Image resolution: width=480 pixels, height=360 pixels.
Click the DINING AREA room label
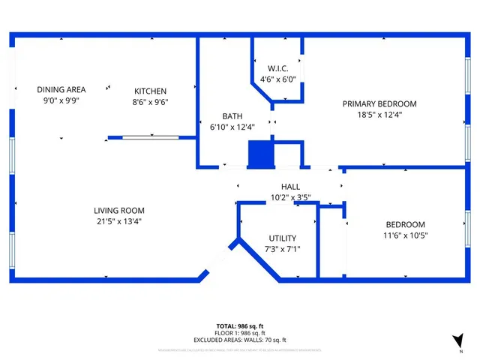pos(61,90)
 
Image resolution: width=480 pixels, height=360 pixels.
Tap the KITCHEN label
pos(151,91)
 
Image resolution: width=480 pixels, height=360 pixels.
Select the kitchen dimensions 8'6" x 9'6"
pos(151,102)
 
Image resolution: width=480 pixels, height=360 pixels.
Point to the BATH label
pos(232,116)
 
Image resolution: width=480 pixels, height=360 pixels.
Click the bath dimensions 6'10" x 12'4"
pos(232,127)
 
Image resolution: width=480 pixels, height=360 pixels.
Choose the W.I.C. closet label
pos(278,68)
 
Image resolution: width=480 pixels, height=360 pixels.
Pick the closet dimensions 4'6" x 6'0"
pos(278,79)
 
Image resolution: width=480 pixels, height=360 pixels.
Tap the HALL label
pos(290,187)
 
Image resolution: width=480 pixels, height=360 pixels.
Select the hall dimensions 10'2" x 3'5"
pos(290,198)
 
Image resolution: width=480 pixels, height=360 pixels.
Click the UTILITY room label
pos(283,238)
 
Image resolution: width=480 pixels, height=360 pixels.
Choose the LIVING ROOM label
pos(119,211)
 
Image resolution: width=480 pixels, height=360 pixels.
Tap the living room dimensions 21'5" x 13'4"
pos(119,221)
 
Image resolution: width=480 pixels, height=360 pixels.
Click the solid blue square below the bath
pos(261,155)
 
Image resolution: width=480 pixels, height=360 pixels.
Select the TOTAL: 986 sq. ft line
pos(240,325)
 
